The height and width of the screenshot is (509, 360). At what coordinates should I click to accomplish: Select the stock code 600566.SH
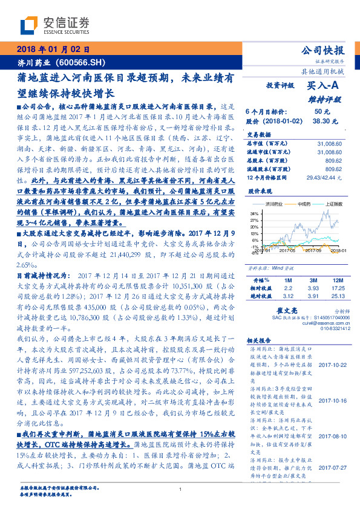81,62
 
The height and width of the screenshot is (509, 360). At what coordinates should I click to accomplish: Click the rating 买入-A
324,86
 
